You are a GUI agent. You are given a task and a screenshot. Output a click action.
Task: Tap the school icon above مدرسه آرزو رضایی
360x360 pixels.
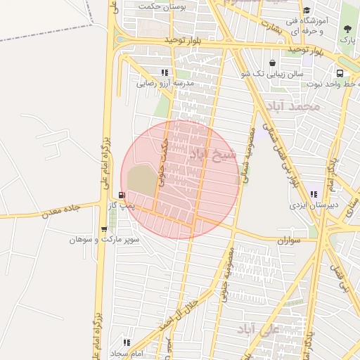pos(165,72)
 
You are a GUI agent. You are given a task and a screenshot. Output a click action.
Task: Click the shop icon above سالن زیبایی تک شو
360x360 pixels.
pos(272,63)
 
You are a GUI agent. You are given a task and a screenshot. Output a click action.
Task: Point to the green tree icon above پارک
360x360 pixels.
pos(347,29)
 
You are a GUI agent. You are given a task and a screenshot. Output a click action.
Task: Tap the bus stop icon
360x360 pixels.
pos(340,72)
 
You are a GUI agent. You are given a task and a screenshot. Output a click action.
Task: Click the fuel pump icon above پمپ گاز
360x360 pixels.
pos(122,195)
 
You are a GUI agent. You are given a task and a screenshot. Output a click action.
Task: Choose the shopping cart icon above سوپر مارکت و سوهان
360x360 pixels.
pos(104,229)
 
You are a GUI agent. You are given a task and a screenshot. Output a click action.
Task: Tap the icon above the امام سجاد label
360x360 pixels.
pos(125,342)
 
